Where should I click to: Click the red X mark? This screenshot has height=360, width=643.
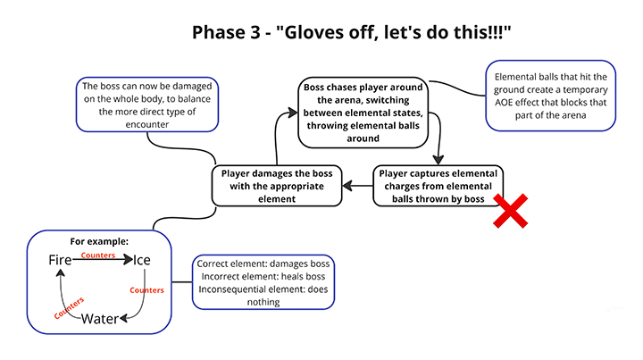(x=510, y=213)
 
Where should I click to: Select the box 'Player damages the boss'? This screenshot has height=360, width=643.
(x=276, y=186)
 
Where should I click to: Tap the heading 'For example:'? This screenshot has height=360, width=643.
(x=98, y=241)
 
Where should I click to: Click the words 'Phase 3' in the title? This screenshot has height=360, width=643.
(x=221, y=33)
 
